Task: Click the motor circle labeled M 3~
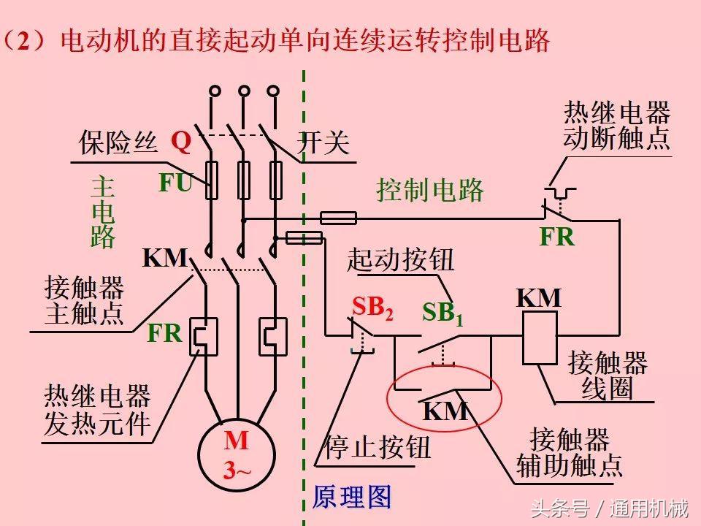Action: (236, 454)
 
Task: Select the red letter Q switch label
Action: (180, 141)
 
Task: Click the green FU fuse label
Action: (175, 183)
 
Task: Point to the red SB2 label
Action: (372, 308)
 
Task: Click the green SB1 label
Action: (443, 312)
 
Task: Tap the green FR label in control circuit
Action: (556, 237)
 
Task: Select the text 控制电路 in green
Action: (430, 190)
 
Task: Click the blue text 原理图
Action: (352, 497)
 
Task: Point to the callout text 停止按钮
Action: (378, 447)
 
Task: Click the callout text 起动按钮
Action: (400, 259)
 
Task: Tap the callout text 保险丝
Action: (118, 142)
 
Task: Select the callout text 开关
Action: (323, 143)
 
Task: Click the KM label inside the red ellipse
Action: (445, 411)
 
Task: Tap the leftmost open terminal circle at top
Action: (215, 91)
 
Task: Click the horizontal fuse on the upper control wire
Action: (339, 218)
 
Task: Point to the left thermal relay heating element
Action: (204, 336)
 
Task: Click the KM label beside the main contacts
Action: (165, 258)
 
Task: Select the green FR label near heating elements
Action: (164, 333)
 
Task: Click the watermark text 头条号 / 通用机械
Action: (609, 507)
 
